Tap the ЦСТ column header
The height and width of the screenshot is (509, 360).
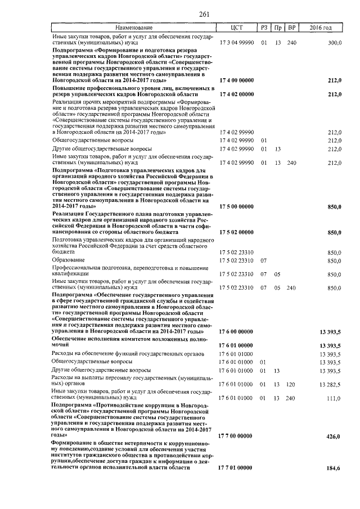[x=236, y=27]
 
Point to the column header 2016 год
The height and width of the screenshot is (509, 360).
[x=321, y=27]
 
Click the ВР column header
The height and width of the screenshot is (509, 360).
[x=291, y=27]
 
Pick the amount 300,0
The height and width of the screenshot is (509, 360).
[x=335, y=43]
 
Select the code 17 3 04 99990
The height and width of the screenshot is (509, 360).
[x=237, y=43]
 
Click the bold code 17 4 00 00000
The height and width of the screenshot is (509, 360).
[x=237, y=80]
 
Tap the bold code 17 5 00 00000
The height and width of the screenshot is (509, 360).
[x=237, y=206]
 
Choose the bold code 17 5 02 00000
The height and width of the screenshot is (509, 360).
[x=237, y=232]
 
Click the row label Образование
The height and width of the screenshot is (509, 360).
[x=69, y=260]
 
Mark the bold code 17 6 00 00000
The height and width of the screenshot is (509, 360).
[x=237, y=332]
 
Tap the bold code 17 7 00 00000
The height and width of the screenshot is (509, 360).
[x=237, y=436]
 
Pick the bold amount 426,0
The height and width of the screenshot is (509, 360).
[x=334, y=436]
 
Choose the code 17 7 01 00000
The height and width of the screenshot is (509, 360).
[x=237, y=468]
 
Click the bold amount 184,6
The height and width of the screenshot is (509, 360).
[x=334, y=468]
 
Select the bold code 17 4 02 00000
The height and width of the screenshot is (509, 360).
[x=237, y=94]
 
